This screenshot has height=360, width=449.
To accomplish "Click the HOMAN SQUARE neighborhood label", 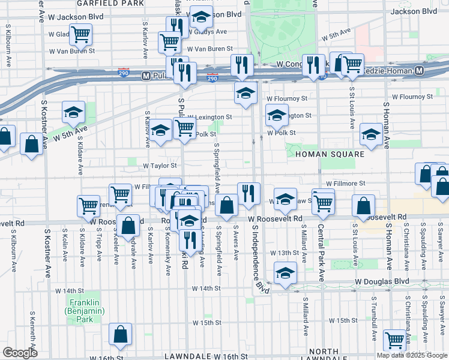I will point(330,154).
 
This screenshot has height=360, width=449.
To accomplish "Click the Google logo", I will point(20,353).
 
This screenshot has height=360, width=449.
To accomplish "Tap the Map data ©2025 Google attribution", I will point(412,355).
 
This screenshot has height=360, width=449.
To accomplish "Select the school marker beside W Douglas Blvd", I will point(285,272).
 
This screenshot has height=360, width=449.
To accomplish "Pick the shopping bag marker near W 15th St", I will point(121,335).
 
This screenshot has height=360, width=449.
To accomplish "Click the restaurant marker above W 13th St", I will point(190,240).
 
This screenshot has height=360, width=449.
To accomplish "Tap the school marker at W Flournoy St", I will point(246,93).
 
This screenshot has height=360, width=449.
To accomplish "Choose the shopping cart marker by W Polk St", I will point(185,127).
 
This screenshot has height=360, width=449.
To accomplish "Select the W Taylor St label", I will point(159,166).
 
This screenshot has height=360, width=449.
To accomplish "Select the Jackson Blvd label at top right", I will point(414,11).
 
